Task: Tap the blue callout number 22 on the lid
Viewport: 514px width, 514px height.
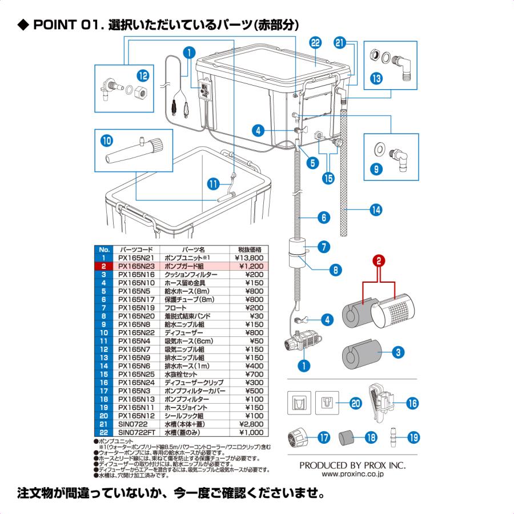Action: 315,43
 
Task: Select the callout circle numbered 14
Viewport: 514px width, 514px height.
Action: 376,210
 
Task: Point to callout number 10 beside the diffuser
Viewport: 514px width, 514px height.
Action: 107,139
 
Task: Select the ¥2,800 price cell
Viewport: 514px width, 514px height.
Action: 248,424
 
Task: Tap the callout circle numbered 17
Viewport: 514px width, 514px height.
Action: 324,438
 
